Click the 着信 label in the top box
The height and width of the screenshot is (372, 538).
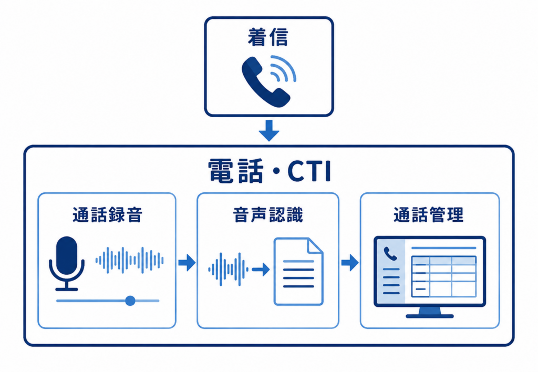coord(268,37)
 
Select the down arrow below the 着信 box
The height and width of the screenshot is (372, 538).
coord(268,130)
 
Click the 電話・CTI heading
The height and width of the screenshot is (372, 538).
coord(270,171)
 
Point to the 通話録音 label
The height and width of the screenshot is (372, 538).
coord(107,215)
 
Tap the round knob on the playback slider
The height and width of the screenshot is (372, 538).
coord(130,301)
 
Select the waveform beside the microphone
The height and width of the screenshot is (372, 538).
coord(129,260)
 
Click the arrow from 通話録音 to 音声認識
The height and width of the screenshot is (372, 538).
coord(187,263)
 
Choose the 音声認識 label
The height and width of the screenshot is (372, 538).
coord(268,215)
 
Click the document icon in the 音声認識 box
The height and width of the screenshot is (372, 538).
coord(298,272)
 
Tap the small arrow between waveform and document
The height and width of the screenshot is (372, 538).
coord(261,270)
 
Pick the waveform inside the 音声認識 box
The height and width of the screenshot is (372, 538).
coord(228,270)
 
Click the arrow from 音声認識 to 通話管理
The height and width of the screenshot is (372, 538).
coord(350,263)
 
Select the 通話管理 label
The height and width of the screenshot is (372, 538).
coord(429,215)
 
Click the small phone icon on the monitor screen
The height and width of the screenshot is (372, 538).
coord(390,254)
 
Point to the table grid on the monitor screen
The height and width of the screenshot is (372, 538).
coord(443,276)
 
